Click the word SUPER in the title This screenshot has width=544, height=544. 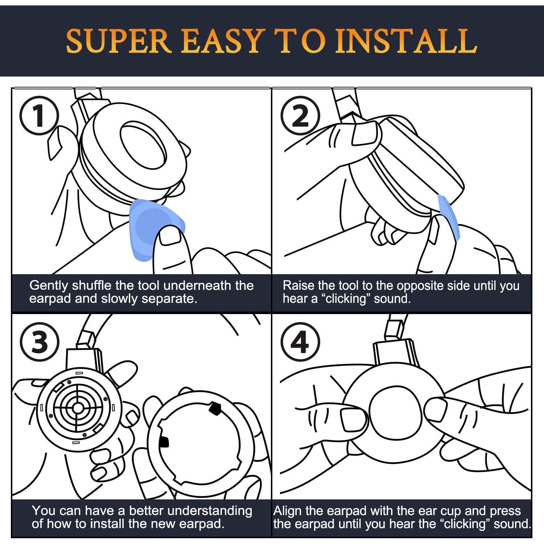[x=119, y=41]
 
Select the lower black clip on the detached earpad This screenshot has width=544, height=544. [x=164, y=441]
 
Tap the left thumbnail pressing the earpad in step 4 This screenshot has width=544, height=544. [x=353, y=419]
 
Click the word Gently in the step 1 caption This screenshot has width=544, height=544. [x=49, y=286]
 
